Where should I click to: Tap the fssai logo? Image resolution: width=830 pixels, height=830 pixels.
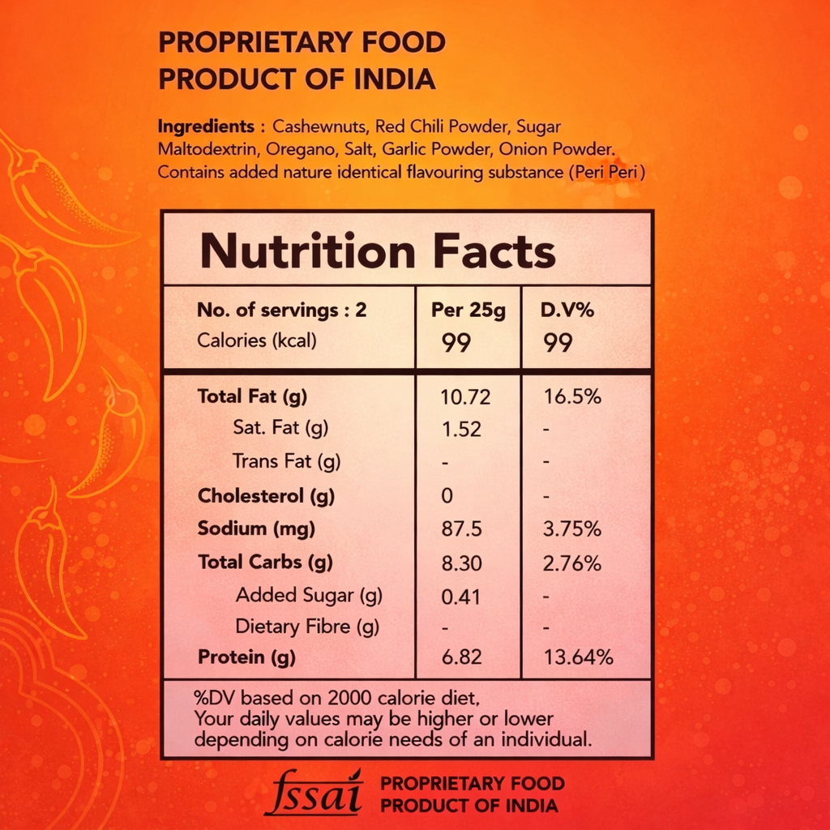[x=313, y=793]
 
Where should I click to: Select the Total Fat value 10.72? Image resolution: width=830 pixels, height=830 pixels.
[x=465, y=397]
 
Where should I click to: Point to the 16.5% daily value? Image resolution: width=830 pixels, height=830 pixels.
[x=572, y=397]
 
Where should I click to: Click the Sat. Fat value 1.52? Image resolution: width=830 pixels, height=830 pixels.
[x=461, y=429]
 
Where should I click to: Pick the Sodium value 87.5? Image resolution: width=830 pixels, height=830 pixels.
[x=461, y=529]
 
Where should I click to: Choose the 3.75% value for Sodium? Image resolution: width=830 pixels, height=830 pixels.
[x=572, y=529]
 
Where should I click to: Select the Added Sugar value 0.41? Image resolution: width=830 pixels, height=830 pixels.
[x=460, y=597]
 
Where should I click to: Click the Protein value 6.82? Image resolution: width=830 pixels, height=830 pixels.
[x=461, y=657]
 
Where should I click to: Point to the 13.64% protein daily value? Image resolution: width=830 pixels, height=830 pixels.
[x=578, y=657]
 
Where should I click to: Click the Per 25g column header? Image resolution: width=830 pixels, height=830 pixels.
[x=468, y=311]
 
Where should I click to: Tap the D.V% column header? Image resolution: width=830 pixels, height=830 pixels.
[x=567, y=311]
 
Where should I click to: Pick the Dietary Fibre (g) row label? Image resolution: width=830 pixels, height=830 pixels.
[x=307, y=627]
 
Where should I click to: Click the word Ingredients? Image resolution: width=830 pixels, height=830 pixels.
[x=206, y=127]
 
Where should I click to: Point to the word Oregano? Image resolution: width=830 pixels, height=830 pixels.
[x=281, y=150]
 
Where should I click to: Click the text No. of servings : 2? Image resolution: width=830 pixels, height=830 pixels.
[x=282, y=310]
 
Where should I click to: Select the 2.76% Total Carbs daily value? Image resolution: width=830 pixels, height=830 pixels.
[x=572, y=563]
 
